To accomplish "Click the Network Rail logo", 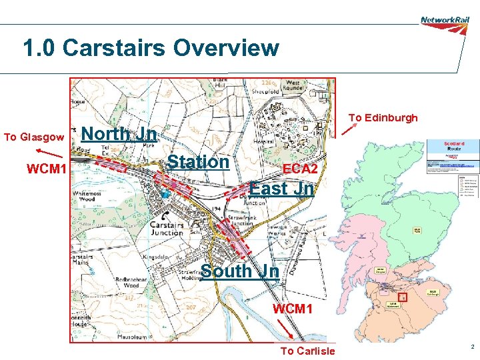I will coord(445,20).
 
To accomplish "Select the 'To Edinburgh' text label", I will coord(383,118).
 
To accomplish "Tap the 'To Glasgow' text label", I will coord(34,137).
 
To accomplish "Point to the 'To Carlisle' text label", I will coord(308,351).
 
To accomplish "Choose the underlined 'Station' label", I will coord(198,162).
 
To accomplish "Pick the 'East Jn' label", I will coord(281,189).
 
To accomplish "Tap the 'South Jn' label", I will coord(240,271).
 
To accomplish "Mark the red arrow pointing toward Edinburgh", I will coord(349,127).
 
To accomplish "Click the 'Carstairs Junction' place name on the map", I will coord(167,228).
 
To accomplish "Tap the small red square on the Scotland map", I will coord(401,296).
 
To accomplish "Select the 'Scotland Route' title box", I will coord(451,146).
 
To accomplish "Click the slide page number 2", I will coord(471,347).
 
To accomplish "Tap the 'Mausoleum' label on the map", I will coord(95,337).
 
